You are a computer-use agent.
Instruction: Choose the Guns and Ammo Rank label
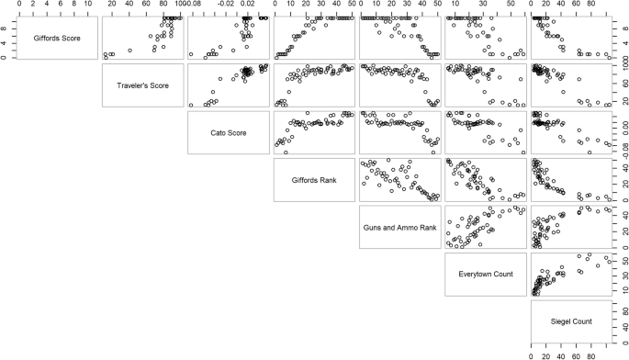tap(398, 227)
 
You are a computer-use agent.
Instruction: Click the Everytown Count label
tap(483, 274)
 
